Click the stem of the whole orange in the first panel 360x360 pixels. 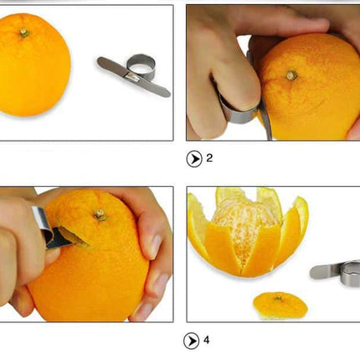(24, 33)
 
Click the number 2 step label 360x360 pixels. (209, 157)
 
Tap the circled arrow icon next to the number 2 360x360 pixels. (194, 158)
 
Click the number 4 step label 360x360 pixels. (206, 340)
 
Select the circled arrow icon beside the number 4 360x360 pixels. (192, 341)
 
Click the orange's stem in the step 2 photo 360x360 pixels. (291, 75)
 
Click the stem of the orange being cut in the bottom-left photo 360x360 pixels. (100, 214)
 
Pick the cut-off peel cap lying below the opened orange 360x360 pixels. (280, 305)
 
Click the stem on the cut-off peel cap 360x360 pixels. (279, 298)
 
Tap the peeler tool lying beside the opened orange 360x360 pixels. (337, 270)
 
